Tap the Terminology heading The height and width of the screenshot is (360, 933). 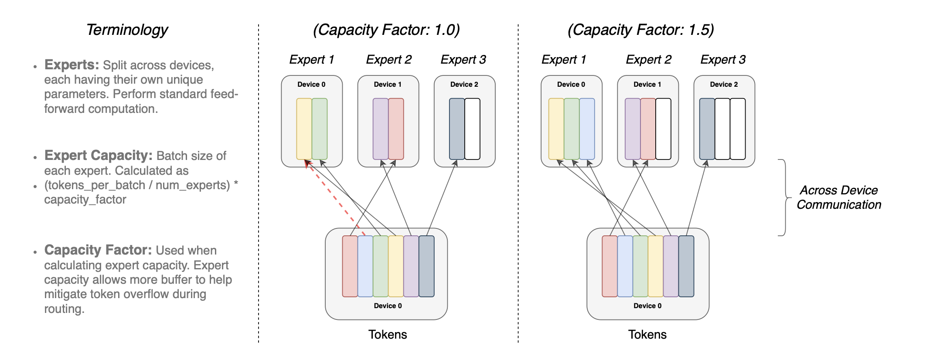[x=127, y=30]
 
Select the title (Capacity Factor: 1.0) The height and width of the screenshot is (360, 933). [x=386, y=30]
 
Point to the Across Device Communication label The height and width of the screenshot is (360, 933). [x=838, y=197]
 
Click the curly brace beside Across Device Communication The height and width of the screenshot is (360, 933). [x=784, y=197]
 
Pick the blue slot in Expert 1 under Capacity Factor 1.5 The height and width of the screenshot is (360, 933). [x=587, y=129]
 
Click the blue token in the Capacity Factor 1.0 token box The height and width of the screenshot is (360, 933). [x=365, y=266]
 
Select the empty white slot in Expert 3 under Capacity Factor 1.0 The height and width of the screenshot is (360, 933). [x=472, y=129]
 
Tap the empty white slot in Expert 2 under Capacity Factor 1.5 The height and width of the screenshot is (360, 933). [x=663, y=129]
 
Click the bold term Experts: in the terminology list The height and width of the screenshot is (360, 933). [x=72, y=65]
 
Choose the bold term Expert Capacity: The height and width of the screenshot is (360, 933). [x=99, y=156]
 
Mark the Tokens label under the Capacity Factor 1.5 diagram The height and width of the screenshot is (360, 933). [x=647, y=335]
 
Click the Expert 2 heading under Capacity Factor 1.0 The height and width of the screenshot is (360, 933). [x=388, y=60]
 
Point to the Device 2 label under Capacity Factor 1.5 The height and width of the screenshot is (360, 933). [x=724, y=85]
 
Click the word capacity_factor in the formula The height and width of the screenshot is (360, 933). [x=85, y=200]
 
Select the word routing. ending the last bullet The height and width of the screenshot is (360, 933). [x=64, y=309]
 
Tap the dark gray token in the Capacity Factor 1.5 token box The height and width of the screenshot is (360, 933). [x=686, y=266]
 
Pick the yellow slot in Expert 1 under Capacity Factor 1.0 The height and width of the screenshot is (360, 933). [x=304, y=129]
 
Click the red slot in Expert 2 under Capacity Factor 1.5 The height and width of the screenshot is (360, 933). [x=648, y=129]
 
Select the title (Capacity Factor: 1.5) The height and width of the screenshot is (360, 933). [x=641, y=30]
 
